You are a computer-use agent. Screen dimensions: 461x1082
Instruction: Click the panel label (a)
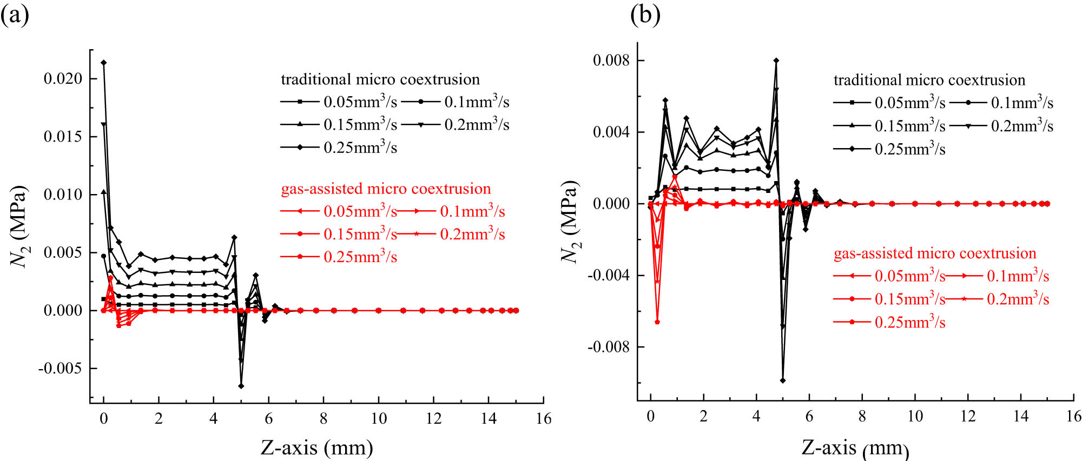15,15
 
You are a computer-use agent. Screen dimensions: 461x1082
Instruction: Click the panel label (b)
645,15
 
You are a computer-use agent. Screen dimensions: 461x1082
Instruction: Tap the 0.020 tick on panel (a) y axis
63,79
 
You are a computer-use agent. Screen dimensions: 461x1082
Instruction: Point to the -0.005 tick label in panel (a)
60,369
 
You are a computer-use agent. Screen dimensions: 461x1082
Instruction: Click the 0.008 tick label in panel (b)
611,60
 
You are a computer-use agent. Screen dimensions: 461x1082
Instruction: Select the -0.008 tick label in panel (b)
609,347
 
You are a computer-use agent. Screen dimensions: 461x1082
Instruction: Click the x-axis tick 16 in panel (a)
543,418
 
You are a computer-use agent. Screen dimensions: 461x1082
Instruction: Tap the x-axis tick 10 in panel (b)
915,416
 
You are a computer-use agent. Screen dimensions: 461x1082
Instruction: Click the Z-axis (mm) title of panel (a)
316,447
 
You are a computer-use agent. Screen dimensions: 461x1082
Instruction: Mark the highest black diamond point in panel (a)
103,63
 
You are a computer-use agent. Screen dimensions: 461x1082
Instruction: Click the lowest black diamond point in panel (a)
241,386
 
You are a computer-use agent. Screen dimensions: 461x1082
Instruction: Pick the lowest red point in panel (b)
657,322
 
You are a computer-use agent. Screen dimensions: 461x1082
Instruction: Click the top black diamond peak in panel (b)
776,61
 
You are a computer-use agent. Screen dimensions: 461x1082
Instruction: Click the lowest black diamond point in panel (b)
783,380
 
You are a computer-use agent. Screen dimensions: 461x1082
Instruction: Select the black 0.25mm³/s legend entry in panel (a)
339,148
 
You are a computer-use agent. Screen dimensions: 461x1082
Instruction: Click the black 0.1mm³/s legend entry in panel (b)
1001,103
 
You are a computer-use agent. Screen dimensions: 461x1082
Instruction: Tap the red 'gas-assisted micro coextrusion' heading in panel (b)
934,253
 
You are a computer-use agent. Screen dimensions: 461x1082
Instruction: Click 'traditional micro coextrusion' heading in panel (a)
380,79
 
